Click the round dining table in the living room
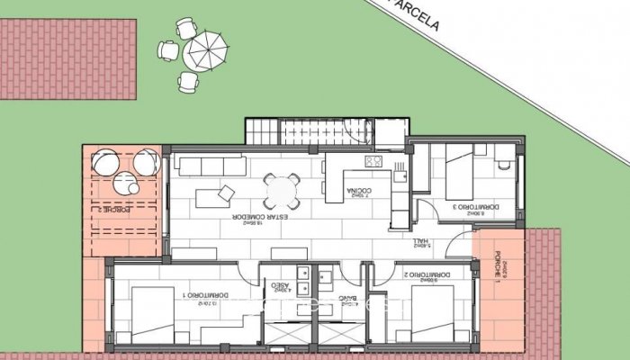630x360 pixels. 281,190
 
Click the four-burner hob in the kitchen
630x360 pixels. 373,161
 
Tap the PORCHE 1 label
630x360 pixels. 499,269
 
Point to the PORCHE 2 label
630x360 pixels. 112,209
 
